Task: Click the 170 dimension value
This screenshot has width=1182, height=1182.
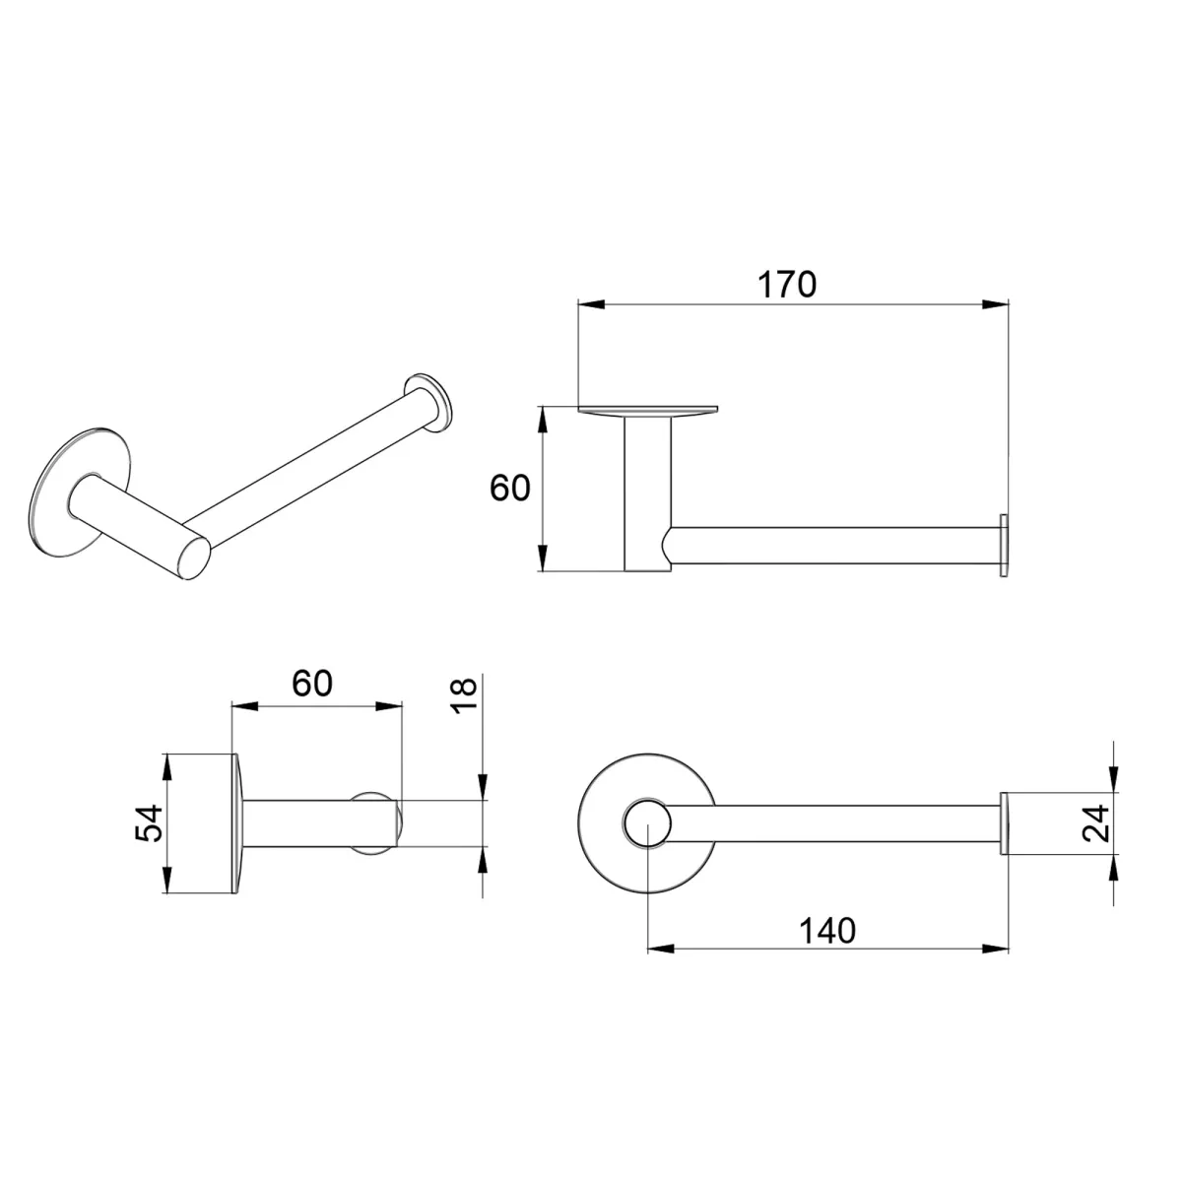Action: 787,284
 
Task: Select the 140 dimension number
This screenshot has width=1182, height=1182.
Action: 827,929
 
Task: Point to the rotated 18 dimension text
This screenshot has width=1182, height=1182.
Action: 466,697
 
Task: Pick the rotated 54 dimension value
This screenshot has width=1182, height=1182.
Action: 148,823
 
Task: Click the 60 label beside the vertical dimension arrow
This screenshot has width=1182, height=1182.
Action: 510,488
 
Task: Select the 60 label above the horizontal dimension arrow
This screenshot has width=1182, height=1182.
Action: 312,683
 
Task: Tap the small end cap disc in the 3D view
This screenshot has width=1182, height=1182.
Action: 430,402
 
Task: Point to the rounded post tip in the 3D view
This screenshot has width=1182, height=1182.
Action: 195,558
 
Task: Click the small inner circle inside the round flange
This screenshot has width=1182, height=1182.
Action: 646,823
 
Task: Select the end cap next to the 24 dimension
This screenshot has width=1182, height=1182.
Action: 1005,823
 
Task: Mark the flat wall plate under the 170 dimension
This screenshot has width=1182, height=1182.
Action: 648,409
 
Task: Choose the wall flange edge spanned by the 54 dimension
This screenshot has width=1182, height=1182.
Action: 236,823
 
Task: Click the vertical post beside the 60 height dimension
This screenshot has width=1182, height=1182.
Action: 646,492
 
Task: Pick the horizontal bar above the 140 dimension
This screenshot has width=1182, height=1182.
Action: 837,823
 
